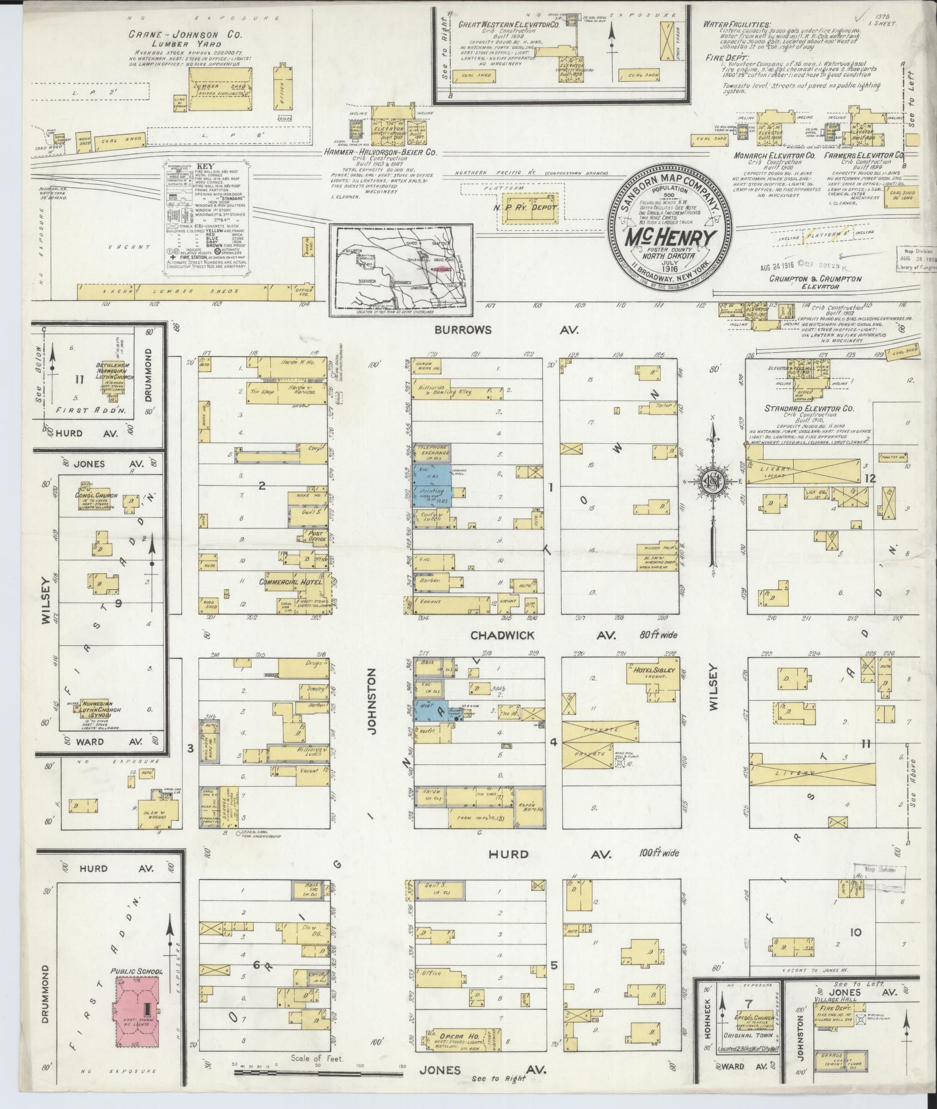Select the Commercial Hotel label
point(291,582)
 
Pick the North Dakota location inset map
point(402,269)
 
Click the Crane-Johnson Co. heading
point(186,35)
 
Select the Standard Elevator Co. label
point(809,408)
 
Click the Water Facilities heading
point(737,24)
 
